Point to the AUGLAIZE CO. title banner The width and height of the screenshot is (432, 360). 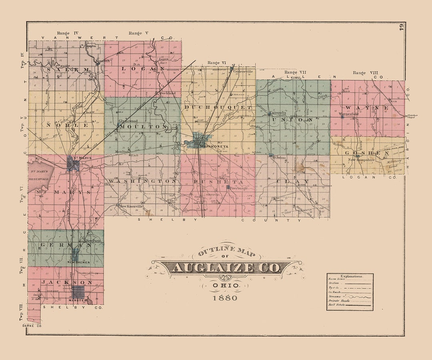pos(226,268)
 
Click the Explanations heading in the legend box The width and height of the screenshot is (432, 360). pos(351,276)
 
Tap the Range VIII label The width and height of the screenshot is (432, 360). pos(365,73)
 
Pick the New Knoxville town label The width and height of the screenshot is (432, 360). pos(132,206)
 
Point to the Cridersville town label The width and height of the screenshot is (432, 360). pos(244,71)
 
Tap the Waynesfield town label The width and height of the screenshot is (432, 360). pos(349,114)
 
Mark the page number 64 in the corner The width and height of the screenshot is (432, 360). pos(400,28)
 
